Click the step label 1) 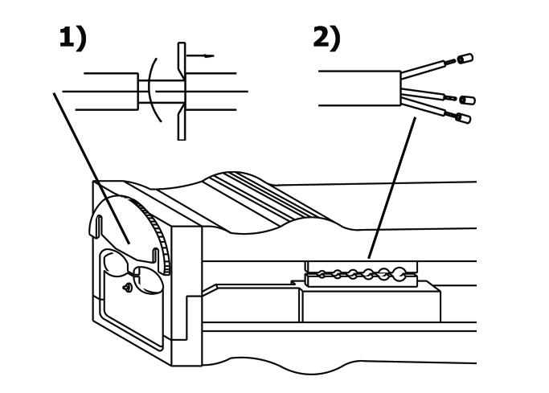pyautogui.click(x=72, y=39)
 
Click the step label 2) pyautogui.click(x=326, y=39)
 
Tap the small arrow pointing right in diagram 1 pyautogui.click(x=200, y=55)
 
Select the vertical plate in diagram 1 pyautogui.click(x=182, y=92)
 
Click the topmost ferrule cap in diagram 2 pyautogui.click(x=465, y=59)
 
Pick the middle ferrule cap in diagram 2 pyautogui.click(x=468, y=100)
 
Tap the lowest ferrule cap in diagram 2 pyautogui.click(x=464, y=118)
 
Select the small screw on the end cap pyautogui.click(x=128, y=288)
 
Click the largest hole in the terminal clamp pyautogui.click(x=399, y=274)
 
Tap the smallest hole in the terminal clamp pyautogui.click(x=321, y=274)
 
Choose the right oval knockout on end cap pyautogui.click(x=149, y=279)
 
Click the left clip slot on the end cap pyautogui.click(x=99, y=227)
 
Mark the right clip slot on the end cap pyautogui.click(x=156, y=255)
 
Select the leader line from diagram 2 pyautogui.click(x=391, y=188)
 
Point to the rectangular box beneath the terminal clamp pyautogui.click(x=371, y=304)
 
